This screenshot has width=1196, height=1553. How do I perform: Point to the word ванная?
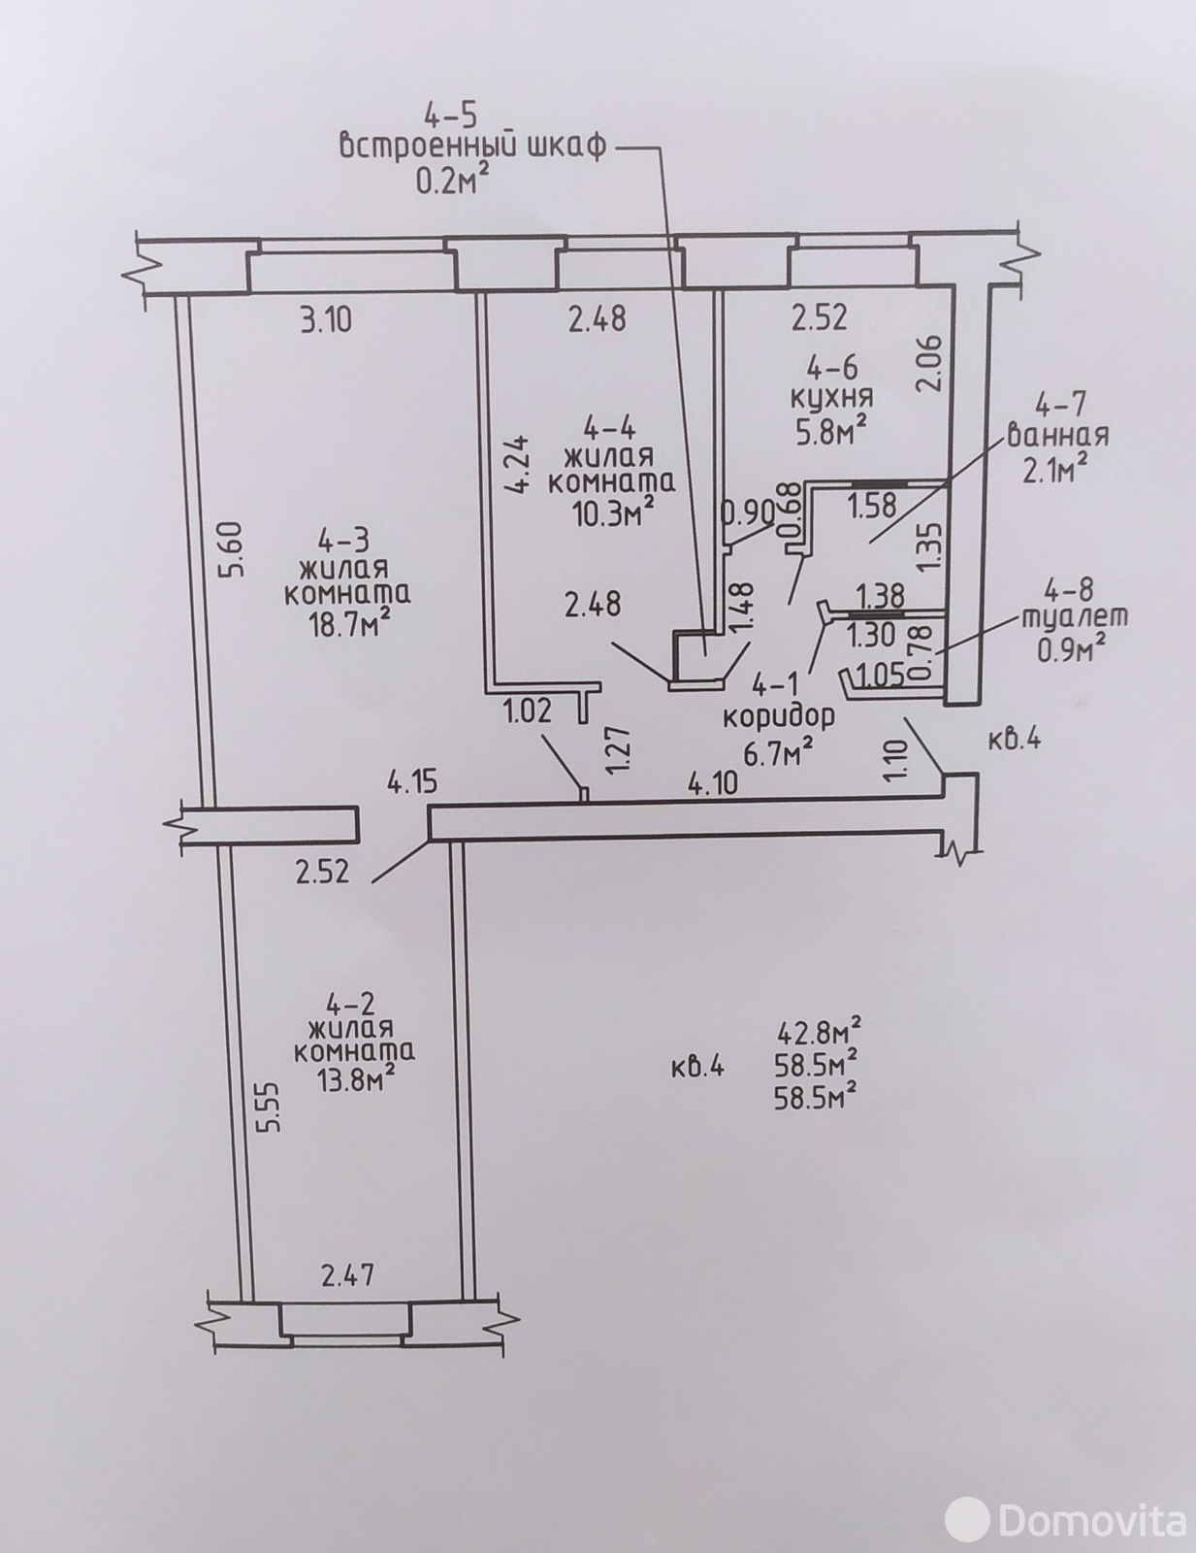(1057, 435)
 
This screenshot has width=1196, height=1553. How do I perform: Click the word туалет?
(1073, 617)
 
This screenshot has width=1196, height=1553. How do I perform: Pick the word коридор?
(779, 717)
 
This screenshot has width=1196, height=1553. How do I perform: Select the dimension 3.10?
(326, 321)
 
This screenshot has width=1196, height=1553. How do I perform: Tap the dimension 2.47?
(347, 1275)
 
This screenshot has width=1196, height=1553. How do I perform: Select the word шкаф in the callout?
(567, 147)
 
